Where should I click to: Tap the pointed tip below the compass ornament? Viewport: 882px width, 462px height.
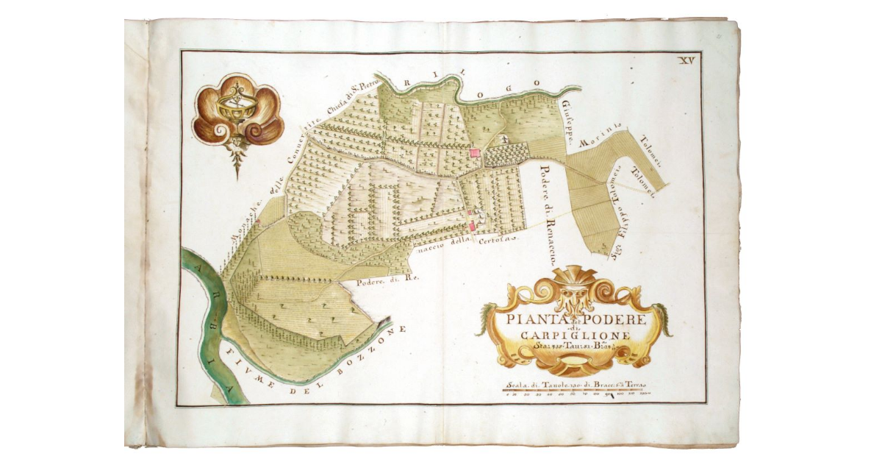coord(237,174)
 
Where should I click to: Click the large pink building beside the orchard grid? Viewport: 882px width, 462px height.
coord(475,152)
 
